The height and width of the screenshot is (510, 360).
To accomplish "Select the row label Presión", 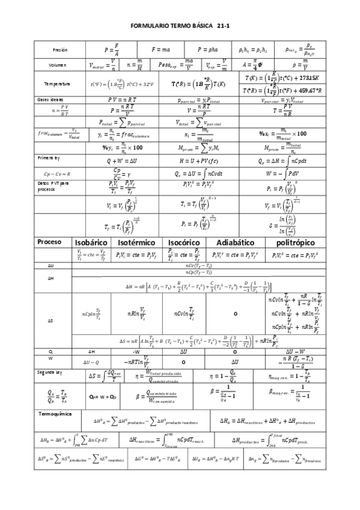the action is click(59, 49).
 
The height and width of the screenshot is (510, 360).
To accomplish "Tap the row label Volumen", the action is click(58, 65).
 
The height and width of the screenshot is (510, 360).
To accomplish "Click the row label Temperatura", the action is click(58, 84).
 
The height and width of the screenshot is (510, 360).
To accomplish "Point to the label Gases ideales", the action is click(49, 99).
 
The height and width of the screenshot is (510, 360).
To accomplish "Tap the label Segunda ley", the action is click(50, 373).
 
